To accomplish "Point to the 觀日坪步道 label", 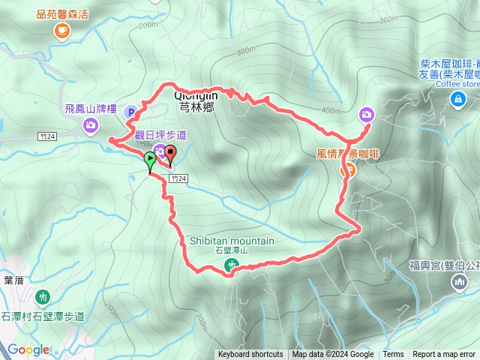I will [160, 134].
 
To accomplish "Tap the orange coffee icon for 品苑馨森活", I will [61, 30].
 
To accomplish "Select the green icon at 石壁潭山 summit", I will [232, 264].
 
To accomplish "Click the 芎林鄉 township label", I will [197, 107].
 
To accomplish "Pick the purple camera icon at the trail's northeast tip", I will [366, 114].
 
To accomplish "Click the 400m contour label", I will [331, 111].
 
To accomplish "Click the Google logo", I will [28, 349].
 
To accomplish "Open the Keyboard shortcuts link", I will [250, 355].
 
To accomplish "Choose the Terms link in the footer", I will [393, 355].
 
